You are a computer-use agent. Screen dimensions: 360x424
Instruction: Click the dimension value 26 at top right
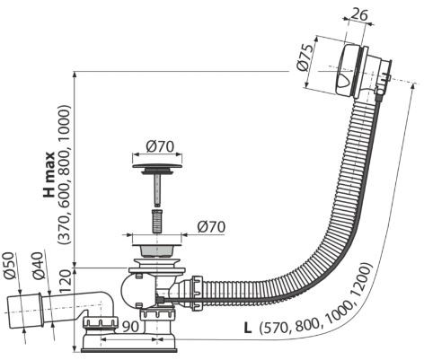pos(358,13)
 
